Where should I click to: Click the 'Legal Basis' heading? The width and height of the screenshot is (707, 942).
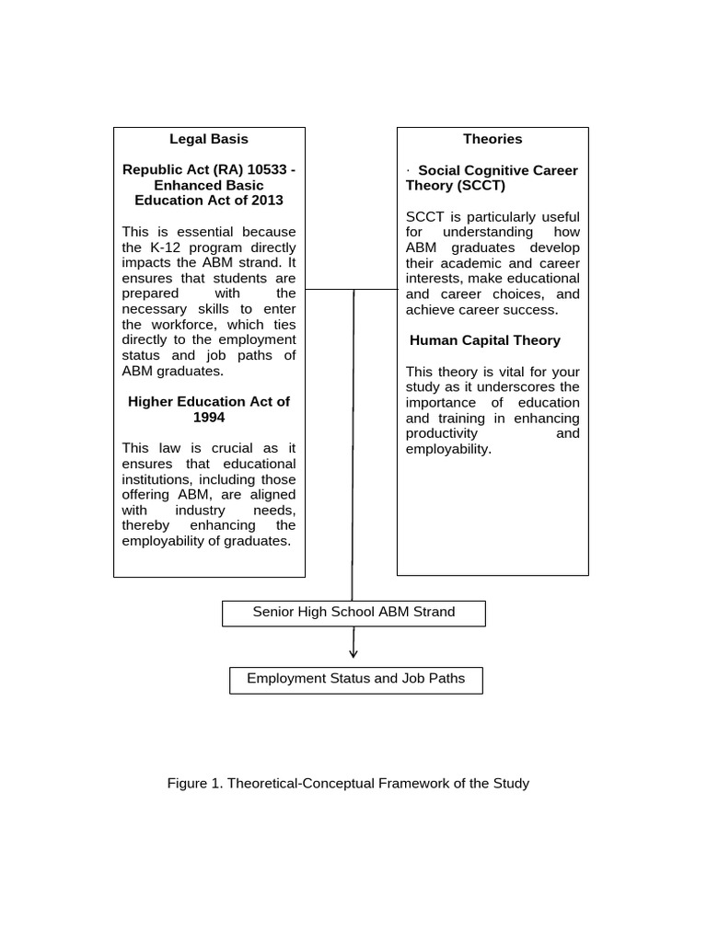(x=209, y=139)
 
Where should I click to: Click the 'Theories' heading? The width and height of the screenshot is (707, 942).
(x=493, y=139)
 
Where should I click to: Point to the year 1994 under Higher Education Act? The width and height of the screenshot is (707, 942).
(x=209, y=417)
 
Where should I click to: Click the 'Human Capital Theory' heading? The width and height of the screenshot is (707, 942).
(x=485, y=340)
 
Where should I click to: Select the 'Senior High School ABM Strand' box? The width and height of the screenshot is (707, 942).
(x=353, y=613)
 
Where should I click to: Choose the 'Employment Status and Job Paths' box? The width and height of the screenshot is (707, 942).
(x=355, y=680)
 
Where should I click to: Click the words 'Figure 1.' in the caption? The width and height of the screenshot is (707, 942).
(x=195, y=784)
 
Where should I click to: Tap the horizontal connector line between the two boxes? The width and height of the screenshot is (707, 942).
(x=351, y=289)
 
